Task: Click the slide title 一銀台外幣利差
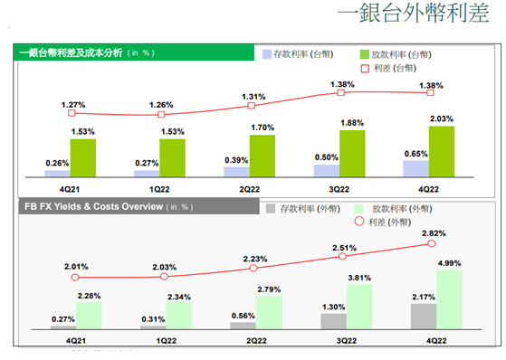412,16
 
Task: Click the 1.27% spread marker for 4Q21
73,115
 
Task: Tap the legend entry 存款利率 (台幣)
299,54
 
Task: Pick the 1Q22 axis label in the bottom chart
165,341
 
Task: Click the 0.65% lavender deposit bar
416,168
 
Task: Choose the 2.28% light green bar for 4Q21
88,314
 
